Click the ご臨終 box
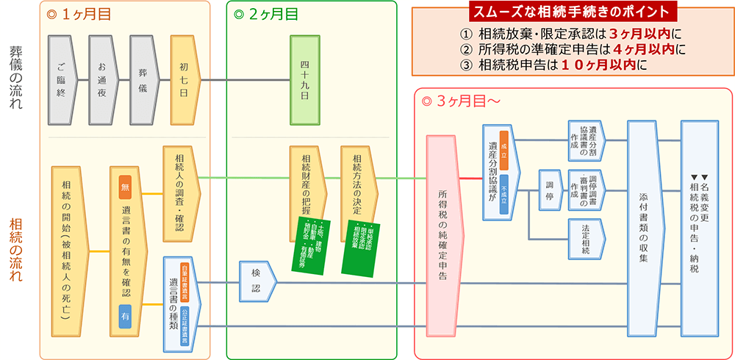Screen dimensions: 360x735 click(61, 79)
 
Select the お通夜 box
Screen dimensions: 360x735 click(102, 79)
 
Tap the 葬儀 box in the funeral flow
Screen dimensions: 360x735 click(143, 79)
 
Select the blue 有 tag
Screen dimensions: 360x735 click(125, 315)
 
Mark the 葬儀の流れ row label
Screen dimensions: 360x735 click(16, 77)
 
